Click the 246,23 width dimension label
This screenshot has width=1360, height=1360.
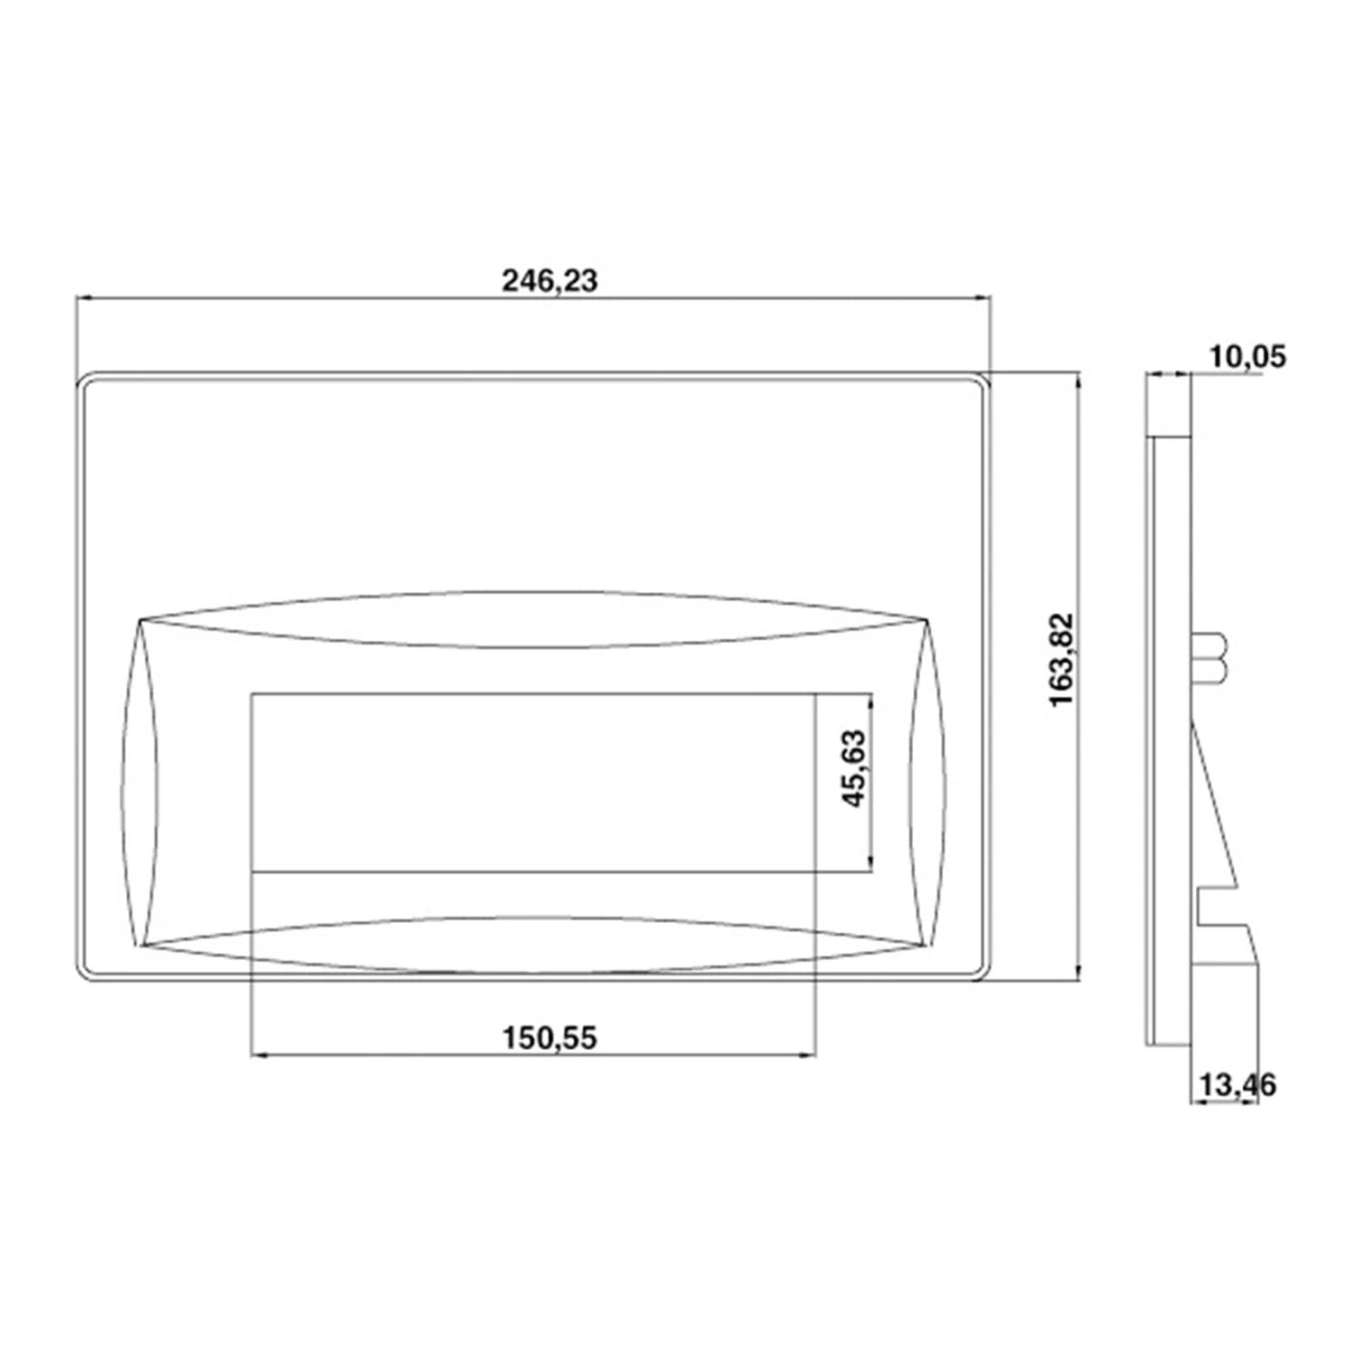550,281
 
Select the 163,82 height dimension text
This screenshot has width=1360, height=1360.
1061,660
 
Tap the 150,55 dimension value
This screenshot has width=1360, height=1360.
550,1037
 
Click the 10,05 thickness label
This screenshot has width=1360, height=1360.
1247,356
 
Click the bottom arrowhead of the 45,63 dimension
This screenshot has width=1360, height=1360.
871,866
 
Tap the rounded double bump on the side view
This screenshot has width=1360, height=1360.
1213,658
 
